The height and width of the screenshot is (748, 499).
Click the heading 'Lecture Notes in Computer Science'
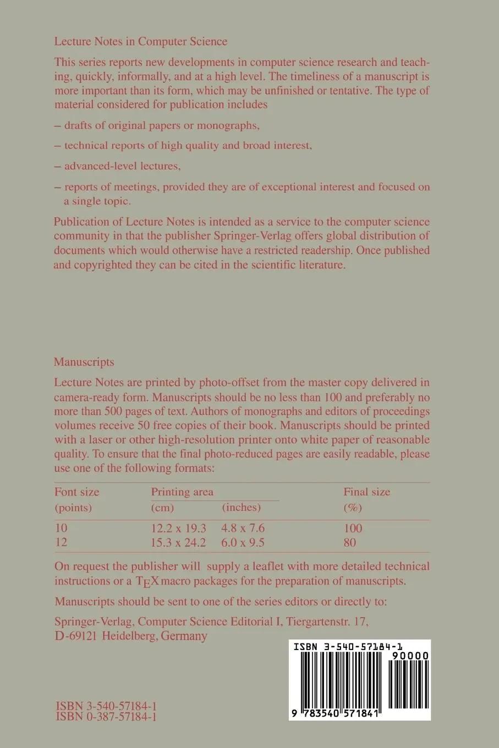point(140,41)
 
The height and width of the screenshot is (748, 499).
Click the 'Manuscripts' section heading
point(84,362)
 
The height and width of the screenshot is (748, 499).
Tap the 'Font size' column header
point(76,492)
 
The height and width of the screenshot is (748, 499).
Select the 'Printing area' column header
point(182,492)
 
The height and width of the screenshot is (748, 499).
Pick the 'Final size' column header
point(366,492)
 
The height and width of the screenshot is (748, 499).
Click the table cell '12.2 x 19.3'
point(178,528)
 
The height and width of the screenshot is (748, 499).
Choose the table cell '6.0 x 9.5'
point(243,542)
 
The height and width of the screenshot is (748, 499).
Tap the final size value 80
point(349,542)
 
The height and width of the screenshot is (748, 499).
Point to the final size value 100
point(353,528)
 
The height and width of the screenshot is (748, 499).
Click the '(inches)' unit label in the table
point(241,507)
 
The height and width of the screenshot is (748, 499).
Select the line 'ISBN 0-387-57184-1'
point(106,717)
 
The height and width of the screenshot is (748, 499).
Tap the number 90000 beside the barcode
point(408,656)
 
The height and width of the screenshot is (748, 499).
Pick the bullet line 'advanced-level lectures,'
point(122,166)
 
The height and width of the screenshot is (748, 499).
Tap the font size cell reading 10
point(61,528)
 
